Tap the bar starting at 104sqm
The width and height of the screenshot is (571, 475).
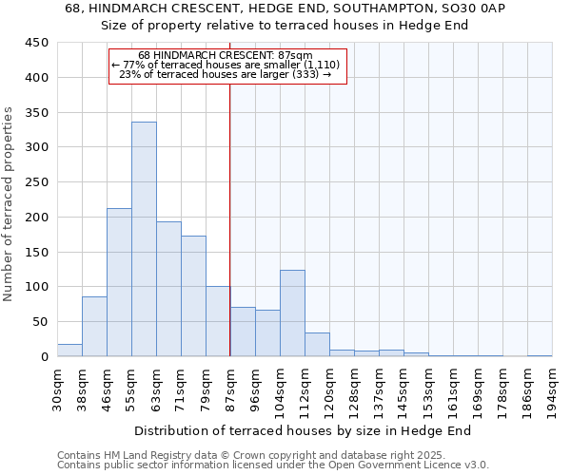pos(292,313)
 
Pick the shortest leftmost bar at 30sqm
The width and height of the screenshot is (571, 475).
pos(69,350)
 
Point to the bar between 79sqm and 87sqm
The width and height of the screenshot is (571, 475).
pos(218,321)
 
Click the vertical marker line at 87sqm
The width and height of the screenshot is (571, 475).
pos(230,218)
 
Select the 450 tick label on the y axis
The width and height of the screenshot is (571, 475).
pos(37,43)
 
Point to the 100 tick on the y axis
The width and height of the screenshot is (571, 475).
pos(37,287)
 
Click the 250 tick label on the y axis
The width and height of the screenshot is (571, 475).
pos(37,182)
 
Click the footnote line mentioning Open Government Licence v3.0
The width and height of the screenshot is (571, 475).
pos(273,465)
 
